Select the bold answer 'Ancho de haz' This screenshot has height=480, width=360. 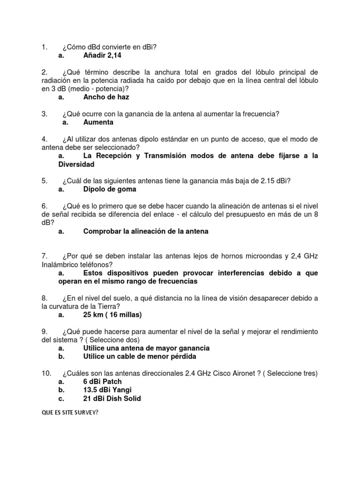coord(106,97)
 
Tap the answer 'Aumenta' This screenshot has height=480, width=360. coord(98,122)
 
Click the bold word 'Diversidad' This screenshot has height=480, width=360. coord(76,164)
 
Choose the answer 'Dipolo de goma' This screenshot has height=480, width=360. coord(110,189)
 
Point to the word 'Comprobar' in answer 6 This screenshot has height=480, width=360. coord(102,231)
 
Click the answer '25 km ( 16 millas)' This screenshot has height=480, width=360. coord(112,315)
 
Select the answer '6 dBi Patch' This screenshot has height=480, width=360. coord(102,382)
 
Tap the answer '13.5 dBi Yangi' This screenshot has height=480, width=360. coord(107,390)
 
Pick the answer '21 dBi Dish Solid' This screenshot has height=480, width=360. coord(112,398)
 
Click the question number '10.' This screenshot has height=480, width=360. coord(46,373)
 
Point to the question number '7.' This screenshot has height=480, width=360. coord(45,256)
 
